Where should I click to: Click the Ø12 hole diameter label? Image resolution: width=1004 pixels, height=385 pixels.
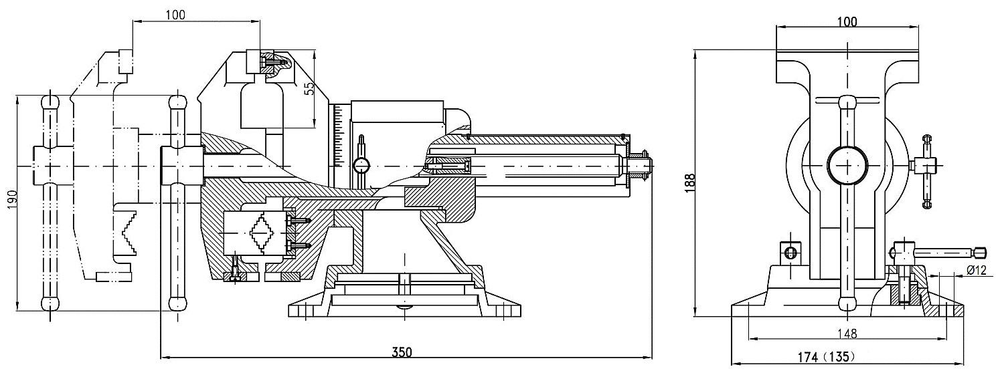click(x=977, y=270)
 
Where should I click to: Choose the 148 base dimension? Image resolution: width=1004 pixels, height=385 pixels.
click(x=847, y=332)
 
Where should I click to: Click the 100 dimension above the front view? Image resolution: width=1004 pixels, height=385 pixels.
click(x=847, y=21)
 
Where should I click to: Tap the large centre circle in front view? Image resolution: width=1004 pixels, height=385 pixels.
click(x=847, y=164)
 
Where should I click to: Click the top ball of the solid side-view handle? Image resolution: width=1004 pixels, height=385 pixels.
click(x=177, y=104)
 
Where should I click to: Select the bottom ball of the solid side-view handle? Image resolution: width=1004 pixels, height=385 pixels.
click(x=177, y=302)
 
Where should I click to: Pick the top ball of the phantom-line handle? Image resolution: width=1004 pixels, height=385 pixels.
click(x=50, y=102)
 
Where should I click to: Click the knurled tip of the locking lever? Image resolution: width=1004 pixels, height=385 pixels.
click(x=980, y=252)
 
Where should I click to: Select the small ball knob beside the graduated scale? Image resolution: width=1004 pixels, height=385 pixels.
click(x=362, y=164)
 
